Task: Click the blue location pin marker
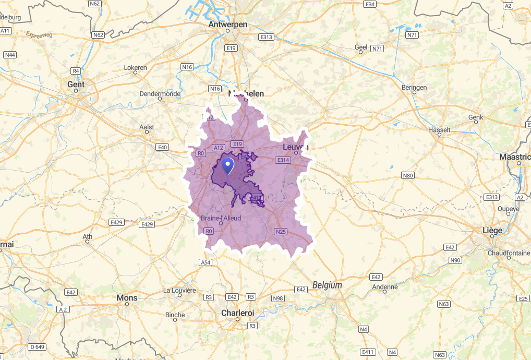point(228,166)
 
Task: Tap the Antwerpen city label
point(227,25)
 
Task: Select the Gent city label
point(76,84)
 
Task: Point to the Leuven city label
point(296,147)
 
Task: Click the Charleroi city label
point(237,313)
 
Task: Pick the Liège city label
point(493,230)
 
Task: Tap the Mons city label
point(127,298)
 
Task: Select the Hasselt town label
point(439,129)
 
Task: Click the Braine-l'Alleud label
point(221,218)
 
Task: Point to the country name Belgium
point(328,285)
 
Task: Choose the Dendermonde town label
point(160,94)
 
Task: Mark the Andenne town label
point(385,287)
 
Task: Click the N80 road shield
point(408,176)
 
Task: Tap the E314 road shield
point(283,160)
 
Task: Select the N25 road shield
point(281,231)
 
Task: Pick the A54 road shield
point(206,262)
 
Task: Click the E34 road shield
point(370,4)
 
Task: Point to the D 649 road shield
point(37,346)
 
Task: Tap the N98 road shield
point(278,298)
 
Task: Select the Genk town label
point(476,117)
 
